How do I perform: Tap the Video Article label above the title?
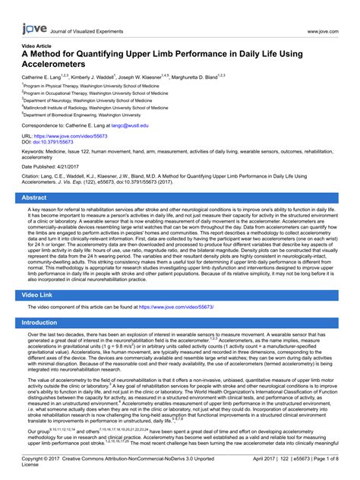coord(39,46)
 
